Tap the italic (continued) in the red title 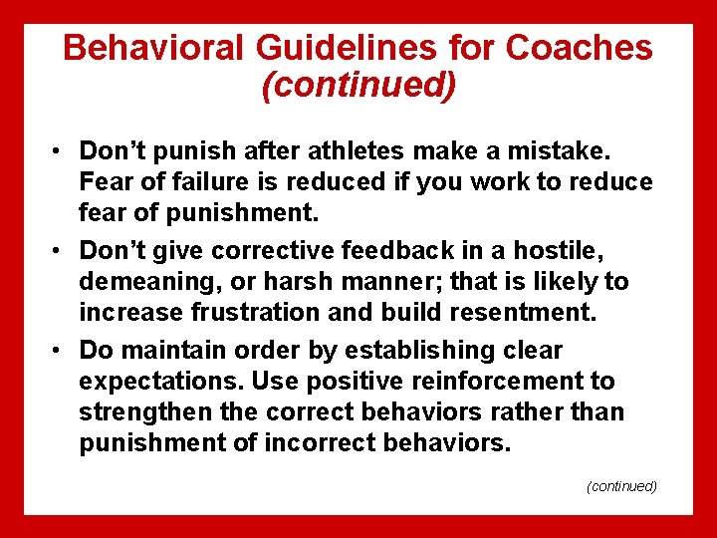click(358, 85)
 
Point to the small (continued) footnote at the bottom click(621, 486)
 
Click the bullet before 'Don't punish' click(61, 151)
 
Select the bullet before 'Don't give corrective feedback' click(61, 251)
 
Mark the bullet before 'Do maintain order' click(61, 351)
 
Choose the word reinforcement click(476, 382)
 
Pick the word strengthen click(143, 412)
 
